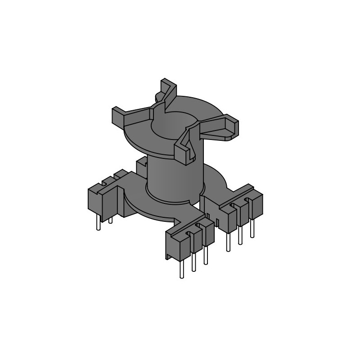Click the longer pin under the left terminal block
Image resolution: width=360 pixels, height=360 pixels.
[x=99, y=222]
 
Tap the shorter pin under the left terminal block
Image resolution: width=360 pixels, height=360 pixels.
[x=110, y=219]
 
